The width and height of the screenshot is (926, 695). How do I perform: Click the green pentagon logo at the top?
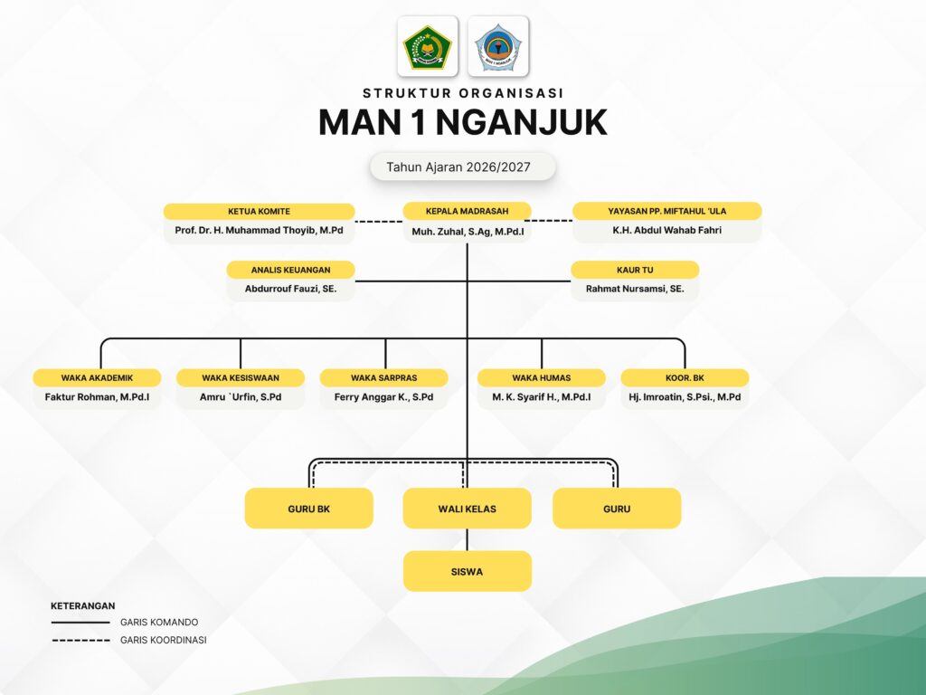coord(427,46)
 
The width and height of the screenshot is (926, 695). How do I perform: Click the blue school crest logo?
coord(498,46)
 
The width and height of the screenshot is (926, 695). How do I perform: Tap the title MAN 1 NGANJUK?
coord(462,122)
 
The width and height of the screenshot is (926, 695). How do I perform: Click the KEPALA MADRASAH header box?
coord(467,211)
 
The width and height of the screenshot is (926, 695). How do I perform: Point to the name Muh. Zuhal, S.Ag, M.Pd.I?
coord(467,232)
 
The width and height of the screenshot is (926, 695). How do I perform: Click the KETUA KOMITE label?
coord(259,211)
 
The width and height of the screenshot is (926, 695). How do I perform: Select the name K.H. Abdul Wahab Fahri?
coord(667,231)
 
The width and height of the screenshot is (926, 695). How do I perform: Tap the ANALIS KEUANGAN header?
coord(290,270)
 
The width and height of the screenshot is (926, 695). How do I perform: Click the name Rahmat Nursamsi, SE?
coord(635,290)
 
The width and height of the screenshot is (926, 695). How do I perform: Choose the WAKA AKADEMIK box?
coord(97,377)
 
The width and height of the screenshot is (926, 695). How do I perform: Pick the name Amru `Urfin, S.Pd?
coord(241,397)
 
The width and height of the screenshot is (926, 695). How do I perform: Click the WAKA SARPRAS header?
coord(384,377)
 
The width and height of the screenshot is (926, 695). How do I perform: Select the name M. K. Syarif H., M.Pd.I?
coord(541,397)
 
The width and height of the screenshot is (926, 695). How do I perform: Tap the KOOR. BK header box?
coord(685,377)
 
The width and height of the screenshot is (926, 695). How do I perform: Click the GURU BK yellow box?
coord(308,509)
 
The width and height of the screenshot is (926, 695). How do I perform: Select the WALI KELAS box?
coord(467,509)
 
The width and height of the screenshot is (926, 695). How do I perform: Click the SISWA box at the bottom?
coord(467,572)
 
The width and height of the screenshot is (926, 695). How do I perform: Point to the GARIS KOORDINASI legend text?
coord(163,640)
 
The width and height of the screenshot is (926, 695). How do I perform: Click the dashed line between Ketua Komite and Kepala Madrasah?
coord(378,220)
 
